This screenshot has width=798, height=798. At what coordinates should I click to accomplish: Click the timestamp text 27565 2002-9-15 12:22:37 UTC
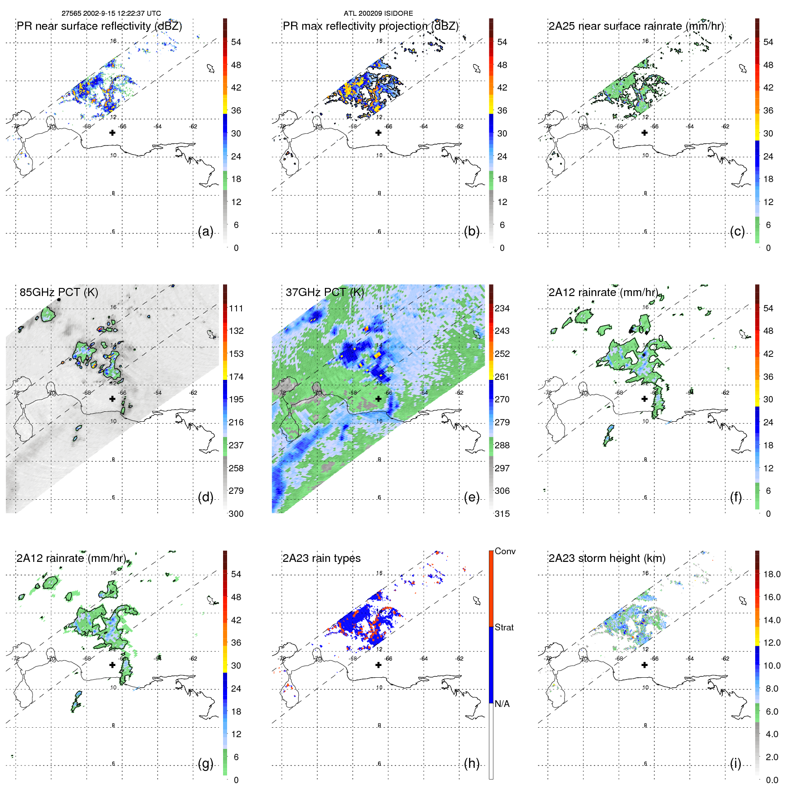[x=111, y=14]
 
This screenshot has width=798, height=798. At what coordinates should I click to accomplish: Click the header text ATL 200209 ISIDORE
[x=378, y=14]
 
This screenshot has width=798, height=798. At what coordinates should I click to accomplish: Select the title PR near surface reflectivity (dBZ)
[x=99, y=26]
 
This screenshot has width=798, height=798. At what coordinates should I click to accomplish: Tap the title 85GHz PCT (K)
[x=59, y=292]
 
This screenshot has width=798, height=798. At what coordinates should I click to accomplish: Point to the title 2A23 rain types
[x=321, y=558]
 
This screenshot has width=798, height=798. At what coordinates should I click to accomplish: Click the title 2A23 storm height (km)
[x=606, y=558]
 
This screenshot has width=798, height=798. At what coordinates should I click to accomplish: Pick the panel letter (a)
[x=205, y=232]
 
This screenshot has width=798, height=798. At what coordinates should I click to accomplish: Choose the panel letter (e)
[x=471, y=497]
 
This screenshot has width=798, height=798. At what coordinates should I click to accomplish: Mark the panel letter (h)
[x=471, y=763]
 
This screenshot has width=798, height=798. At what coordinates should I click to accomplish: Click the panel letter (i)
[x=735, y=763]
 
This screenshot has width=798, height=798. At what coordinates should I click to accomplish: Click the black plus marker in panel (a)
[x=112, y=132]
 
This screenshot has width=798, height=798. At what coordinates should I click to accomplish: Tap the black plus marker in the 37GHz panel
[x=378, y=399]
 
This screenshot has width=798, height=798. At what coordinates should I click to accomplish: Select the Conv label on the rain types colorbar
[x=505, y=551]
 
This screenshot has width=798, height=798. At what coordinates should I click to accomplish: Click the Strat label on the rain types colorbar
[x=504, y=627]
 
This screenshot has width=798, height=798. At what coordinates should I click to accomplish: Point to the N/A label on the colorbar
[x=502, y=704]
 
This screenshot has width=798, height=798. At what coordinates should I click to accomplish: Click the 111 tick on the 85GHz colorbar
[x=236, y=308]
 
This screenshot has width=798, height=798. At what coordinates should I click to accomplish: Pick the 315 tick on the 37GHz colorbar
[x=502, y=514]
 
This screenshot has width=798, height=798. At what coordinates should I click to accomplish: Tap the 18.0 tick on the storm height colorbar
[x=772, y=574]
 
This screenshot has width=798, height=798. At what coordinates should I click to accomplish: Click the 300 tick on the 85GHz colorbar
[x=236, y=514]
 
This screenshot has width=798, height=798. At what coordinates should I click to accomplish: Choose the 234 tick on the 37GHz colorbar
[x=502, y=308]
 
